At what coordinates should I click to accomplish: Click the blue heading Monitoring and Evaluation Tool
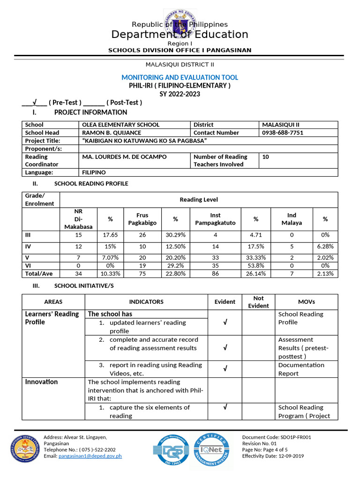click(180, 77)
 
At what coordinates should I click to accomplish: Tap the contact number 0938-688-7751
click(283, 133)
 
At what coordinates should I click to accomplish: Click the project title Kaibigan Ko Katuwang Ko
click(144, 141)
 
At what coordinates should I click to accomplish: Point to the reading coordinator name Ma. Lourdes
click(124, 157)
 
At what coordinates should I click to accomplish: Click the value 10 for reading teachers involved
click(266, 157)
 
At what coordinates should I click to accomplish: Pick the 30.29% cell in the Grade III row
click(175, 235)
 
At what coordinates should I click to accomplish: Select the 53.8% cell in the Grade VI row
click(255, 265)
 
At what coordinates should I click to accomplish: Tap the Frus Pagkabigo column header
click(142, 219)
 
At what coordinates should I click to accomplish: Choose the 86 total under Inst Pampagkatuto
click(215, 274)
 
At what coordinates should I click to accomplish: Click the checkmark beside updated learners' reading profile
click(225, 322)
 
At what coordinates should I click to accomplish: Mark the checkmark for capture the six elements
click(225, 407)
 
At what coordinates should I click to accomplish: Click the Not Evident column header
click(258, 302)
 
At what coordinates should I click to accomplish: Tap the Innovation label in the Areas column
click(41, 382)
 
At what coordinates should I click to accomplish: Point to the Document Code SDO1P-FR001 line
click(276, 437)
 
